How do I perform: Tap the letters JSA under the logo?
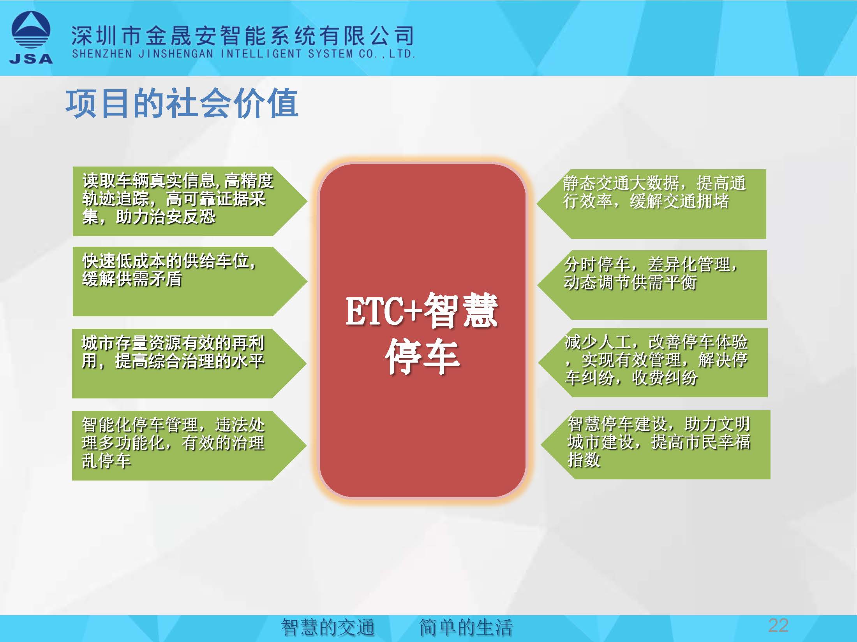31,59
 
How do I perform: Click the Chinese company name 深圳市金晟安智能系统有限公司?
242,35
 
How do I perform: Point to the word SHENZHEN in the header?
102,54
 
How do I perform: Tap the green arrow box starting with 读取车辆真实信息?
190,202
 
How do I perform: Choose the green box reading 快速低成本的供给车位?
190,281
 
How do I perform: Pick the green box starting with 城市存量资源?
189,363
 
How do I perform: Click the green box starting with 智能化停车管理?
189,446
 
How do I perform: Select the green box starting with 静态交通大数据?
651,204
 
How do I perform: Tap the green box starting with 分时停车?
652,285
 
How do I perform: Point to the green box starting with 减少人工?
653,363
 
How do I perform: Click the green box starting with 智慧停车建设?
656,445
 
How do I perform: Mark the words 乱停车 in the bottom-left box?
106,461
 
